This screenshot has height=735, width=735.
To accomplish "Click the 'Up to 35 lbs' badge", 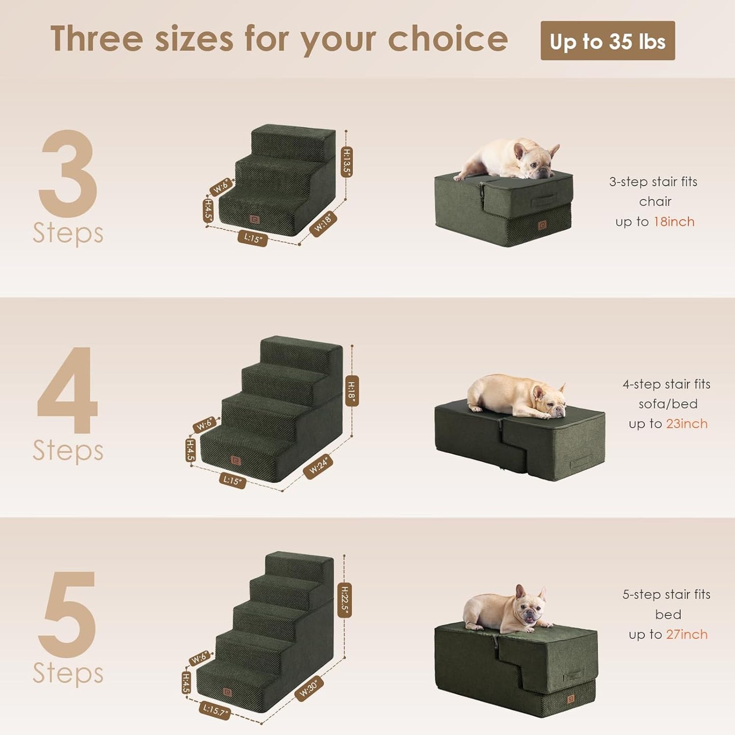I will pos(607,41).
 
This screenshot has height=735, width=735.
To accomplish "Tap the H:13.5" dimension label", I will pos(346,162).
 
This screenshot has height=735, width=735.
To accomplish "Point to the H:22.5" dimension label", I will pos(344,600).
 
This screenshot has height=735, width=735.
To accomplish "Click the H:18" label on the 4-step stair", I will pos(351,391).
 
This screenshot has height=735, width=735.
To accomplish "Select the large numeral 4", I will pos(68,391).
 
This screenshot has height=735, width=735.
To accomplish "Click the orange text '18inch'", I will pos(674,222).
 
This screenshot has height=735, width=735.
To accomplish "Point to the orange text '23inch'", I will pos(686,424).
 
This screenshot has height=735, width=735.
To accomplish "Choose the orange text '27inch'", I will pos(687,634).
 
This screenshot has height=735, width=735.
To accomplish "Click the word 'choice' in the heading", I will pos(448,39).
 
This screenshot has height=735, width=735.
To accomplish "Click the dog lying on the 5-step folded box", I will pos(506,610).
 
